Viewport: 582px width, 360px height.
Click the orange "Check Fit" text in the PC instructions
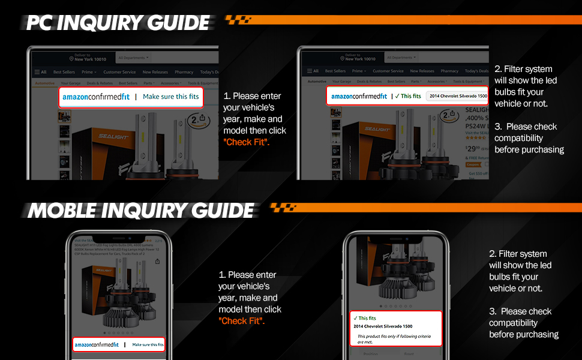click(x=246, y=142)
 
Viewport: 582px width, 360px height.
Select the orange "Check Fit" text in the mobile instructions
click(x=241, y=321)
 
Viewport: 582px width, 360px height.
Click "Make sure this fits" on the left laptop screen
click(x=170, y=97)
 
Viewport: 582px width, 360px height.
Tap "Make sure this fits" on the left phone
click(x=148, y=344)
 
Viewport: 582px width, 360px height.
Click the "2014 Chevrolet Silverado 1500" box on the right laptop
click(x=458, y=96)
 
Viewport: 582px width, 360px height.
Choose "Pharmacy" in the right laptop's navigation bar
click(x=449, y=71)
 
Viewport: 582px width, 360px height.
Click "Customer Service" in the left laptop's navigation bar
click(x=119, y=72)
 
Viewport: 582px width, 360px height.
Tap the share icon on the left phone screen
click(x=157, y=262)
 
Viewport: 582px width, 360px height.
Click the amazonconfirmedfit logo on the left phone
click(x=97, y=344)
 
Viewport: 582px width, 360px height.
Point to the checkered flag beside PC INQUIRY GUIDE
click(x=238, y=20)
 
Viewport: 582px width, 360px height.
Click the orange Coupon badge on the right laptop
click(x=474, y=164)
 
